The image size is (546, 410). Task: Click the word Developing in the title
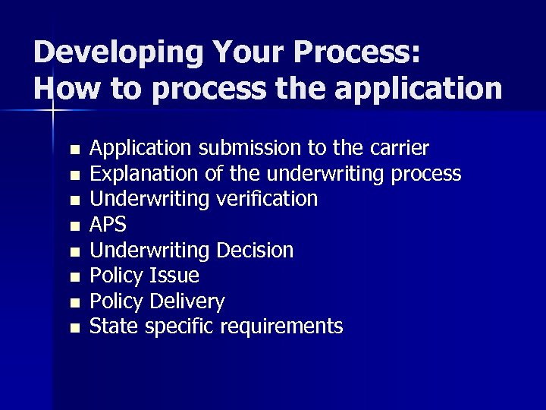coord(118,53)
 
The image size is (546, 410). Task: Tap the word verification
coord(268,199)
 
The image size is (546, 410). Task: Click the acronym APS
coord(108,225)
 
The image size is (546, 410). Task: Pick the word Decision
coord(255,251)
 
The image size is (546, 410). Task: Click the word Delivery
coord(187,301)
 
